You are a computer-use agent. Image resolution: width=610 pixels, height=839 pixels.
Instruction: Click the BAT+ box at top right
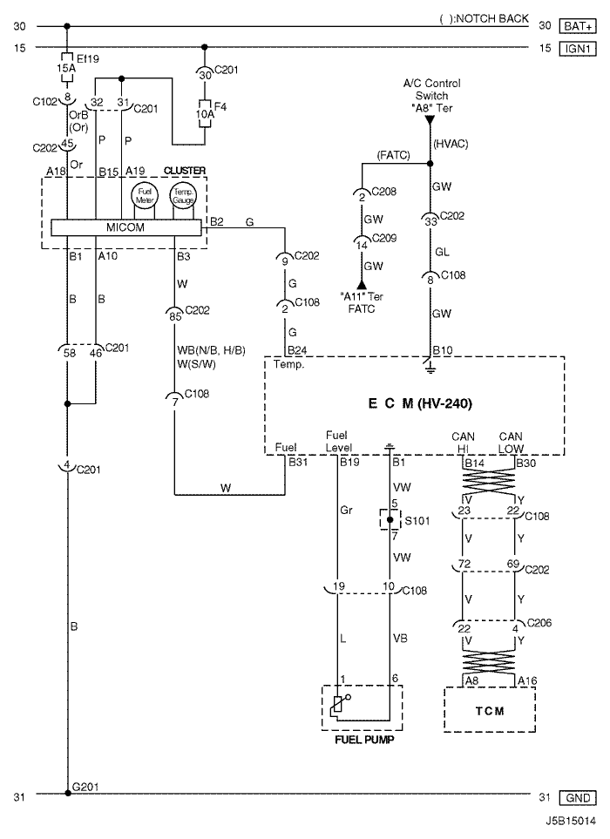coord(578,25)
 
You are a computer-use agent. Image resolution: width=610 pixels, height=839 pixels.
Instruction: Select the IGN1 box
coord(578,49)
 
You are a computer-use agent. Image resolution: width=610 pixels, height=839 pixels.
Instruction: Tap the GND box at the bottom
coord(578,798)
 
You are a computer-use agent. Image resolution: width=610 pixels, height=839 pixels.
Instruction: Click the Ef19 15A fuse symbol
coord(67,68)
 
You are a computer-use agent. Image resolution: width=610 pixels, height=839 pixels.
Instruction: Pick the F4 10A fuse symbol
coord(205,113)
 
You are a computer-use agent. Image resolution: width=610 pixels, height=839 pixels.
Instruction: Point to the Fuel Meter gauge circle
coord(145,195)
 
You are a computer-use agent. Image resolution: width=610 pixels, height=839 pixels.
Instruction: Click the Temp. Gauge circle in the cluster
coord(183,195)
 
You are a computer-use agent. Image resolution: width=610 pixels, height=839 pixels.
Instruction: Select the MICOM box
coord(126,227)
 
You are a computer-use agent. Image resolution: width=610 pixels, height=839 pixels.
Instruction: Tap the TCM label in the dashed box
coord(490,711)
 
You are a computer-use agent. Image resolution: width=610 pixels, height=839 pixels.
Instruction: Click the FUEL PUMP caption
coord(364,740)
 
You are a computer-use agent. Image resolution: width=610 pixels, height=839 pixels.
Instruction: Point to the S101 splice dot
coord(390,519)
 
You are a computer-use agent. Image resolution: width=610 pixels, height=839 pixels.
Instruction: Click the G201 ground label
coord(85,787)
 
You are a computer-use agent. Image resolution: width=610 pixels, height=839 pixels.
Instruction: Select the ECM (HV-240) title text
coord(420,403)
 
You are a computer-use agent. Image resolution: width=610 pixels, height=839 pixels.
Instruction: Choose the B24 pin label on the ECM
coord(297,350)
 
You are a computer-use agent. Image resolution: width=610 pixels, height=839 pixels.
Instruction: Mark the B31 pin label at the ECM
coord(298,462)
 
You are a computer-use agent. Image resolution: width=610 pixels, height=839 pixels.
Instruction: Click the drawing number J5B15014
coord(571,821)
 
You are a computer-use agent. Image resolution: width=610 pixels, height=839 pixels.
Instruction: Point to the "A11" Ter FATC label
coord(361,302)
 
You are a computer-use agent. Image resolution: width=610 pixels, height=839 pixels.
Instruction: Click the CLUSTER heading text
coord(185,171)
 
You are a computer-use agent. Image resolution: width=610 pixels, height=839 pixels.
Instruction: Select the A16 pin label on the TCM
coord(527,680)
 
